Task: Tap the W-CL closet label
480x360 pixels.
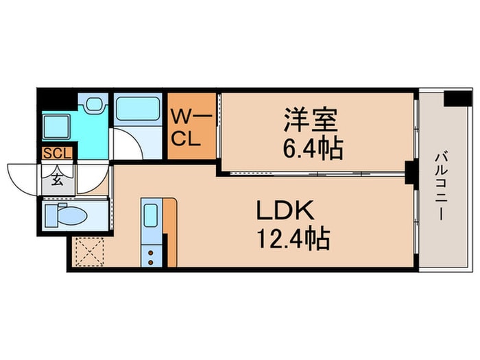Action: click(x=185, y=128)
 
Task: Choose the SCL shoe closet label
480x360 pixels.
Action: click(x=56, y=154)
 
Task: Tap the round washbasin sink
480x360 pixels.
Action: click(x=93, y=106)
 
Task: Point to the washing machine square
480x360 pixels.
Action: click(x=55, y=128)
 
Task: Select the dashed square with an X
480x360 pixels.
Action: click(x=88, y=251)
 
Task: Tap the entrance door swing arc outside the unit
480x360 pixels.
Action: click(x=24, y=177)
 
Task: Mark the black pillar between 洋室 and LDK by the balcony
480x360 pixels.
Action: click(x=411, y=173)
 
